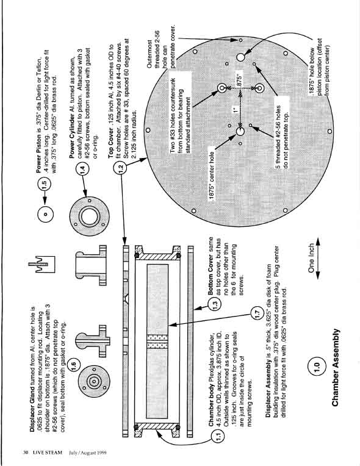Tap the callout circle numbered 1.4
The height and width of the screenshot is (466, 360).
(x=83, y=170)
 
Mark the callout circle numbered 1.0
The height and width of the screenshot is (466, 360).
(x=316, y=365)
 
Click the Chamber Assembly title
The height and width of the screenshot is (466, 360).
(x=336, y=367)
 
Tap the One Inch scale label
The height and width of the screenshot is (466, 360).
(x=311, y=258)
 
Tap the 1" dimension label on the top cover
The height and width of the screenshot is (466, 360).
(x=236, y=110)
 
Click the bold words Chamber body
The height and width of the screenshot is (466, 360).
(x=211, y=410)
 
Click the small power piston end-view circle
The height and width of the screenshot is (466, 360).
(x=46, y=214)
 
